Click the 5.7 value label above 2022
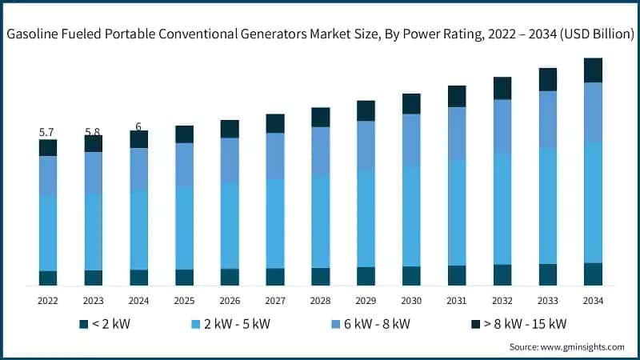47,132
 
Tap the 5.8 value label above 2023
93,132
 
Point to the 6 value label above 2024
138,126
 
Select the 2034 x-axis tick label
593,300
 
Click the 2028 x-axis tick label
320,300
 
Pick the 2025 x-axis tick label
184,300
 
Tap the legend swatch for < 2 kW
83,324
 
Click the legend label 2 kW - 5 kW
238,324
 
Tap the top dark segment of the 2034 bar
593,70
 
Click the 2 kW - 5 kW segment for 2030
411,216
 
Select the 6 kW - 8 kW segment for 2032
502,126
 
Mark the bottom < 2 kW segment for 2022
48,278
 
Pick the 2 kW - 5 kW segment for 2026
230,226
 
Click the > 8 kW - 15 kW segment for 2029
366,110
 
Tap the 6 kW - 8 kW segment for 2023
94,172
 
